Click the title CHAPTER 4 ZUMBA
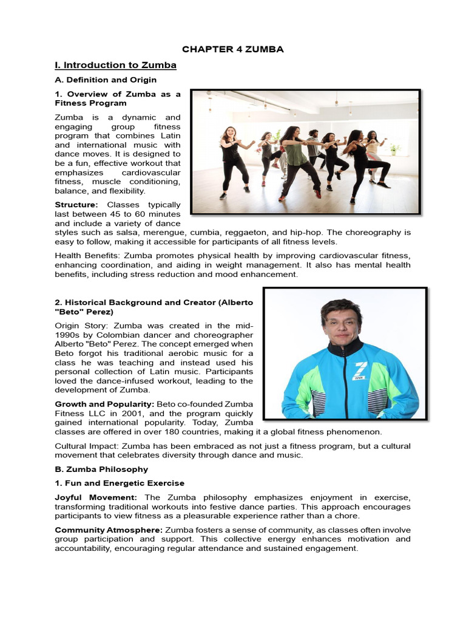click(232, 49)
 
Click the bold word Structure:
click(76, 205)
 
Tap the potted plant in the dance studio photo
click(395, 148)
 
